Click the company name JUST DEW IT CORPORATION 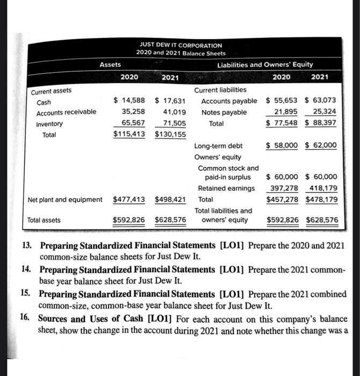coord(180,45)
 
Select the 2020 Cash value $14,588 coord(129,101)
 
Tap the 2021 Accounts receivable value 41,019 coord(174,112)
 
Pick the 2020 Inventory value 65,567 coord(129,124)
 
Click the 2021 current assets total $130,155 coord(170,135)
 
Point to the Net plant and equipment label coord(65,200)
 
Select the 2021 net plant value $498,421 coord(170,200)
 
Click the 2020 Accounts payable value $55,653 coord(283,101)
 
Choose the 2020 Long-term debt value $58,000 coord(283,146)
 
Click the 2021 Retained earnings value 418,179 coord(323,188)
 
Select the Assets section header coord(110,64)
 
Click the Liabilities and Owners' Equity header coord(265,64)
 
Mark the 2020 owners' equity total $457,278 coord(283,199)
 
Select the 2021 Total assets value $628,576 coord(170,220)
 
